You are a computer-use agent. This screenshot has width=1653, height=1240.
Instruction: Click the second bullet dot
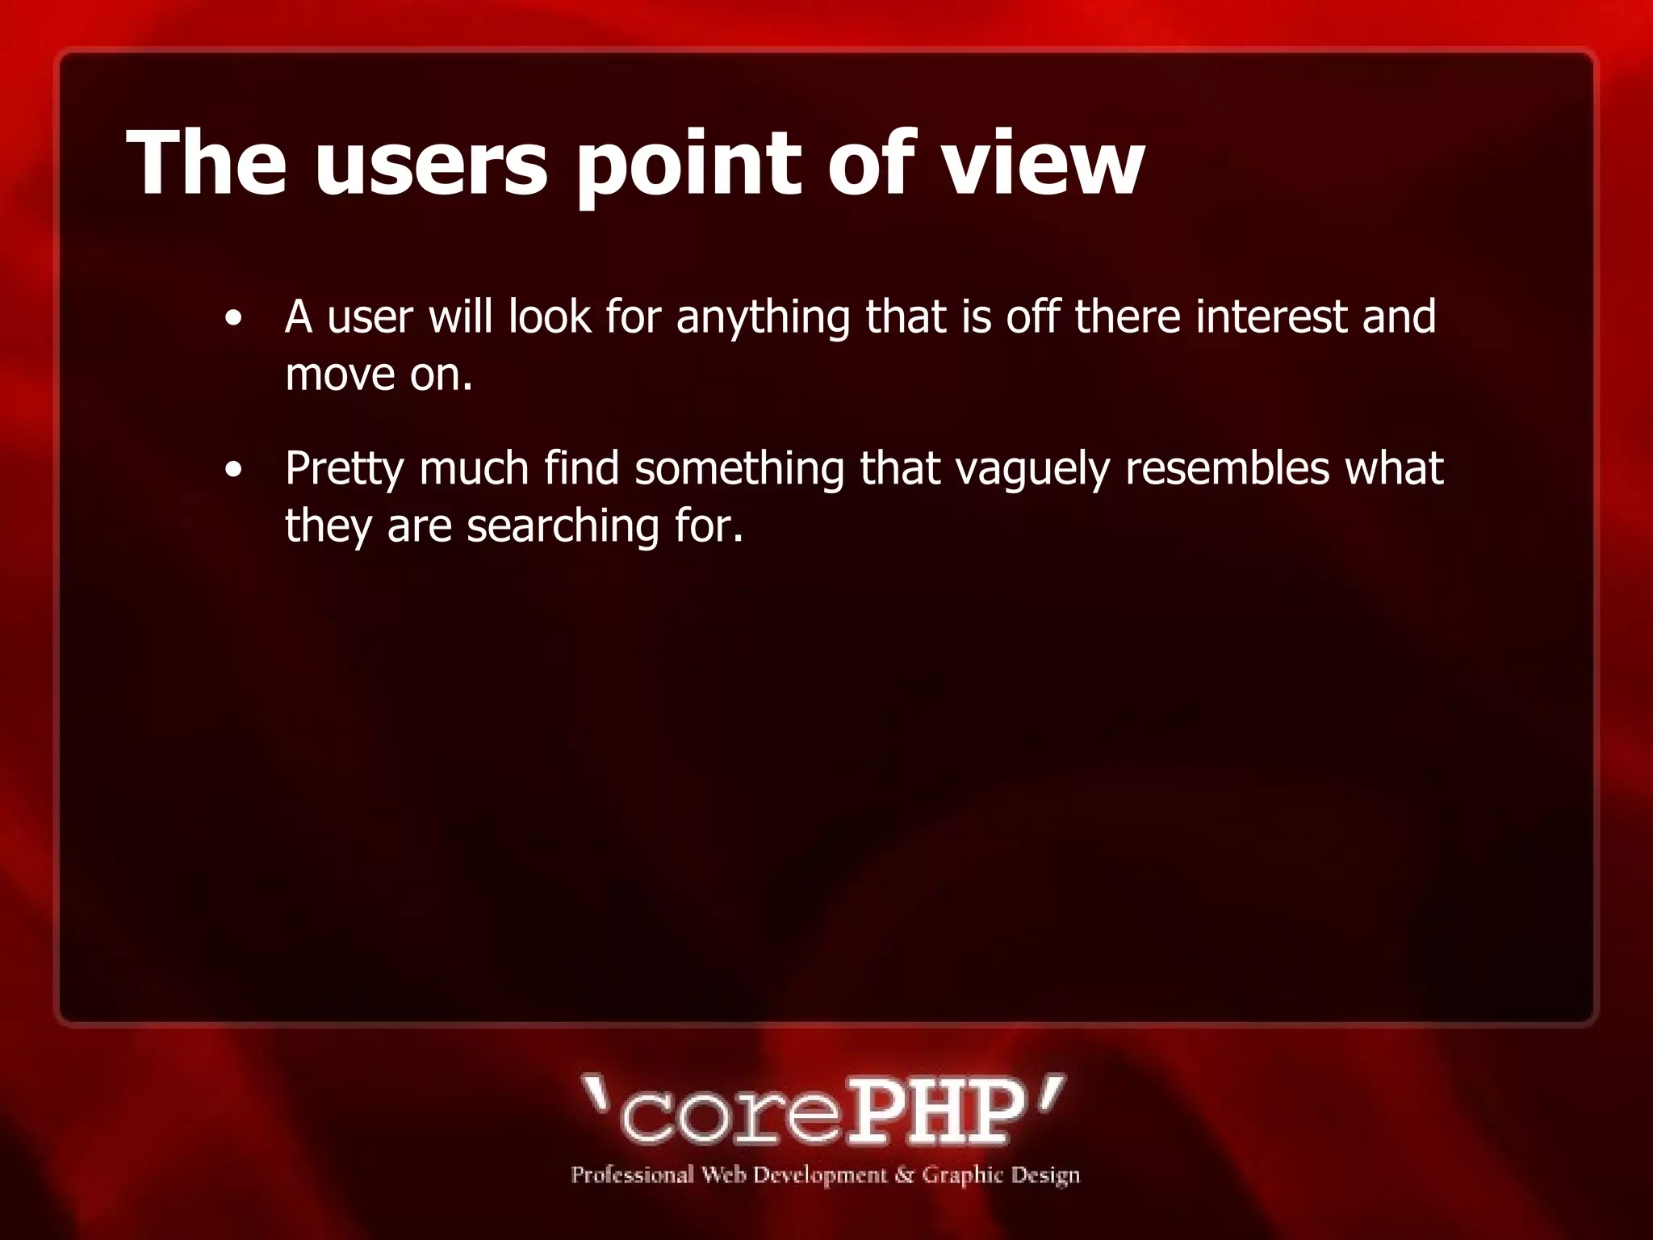[x=234, y=470]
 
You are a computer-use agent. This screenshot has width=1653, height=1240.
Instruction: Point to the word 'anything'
[x=763, y=317]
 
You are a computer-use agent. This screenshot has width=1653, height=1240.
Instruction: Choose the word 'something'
[x=739, y=469]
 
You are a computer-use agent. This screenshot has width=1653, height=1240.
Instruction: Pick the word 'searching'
[x=563, y=527]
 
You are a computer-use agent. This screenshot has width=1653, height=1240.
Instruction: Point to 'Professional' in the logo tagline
[x=632, y=1175]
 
